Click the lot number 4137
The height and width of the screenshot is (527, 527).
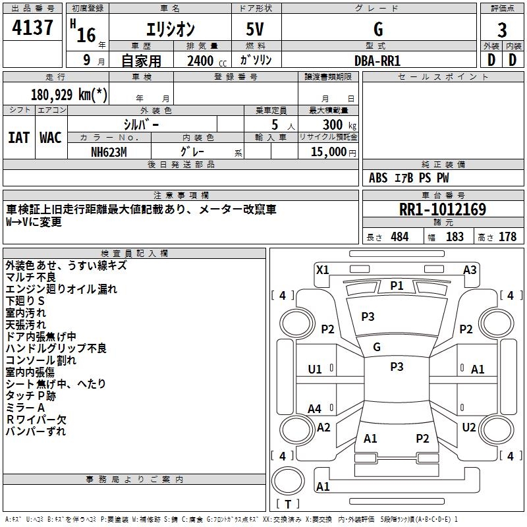[x=32, y=27]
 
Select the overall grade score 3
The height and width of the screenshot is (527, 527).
[x=502, y=30]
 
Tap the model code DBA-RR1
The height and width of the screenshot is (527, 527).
[x=377, y=61]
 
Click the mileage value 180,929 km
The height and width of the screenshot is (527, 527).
[x=69, y=94]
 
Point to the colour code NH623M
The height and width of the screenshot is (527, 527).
[x=109, y=152]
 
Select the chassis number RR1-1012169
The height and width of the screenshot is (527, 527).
[x=443, y=209]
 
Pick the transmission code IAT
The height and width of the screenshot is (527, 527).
[x=19, y=138]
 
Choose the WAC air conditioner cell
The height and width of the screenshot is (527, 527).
[x=51, y=138]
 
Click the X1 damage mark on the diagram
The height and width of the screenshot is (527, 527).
[x=323, y=270]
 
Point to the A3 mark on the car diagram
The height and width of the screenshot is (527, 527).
[x=470, y=270]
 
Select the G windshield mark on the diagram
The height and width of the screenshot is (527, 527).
[x=377, y=347]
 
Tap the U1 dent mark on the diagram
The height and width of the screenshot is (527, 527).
[x=315, y=370]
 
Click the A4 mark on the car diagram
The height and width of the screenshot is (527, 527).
[x=315, y=409]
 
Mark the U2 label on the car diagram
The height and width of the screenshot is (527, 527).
[x=469, y=428]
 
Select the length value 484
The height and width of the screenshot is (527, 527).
[x=400, y=236]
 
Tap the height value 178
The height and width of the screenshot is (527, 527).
[x=507, y=236]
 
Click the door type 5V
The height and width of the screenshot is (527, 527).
[x=255, y=29]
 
